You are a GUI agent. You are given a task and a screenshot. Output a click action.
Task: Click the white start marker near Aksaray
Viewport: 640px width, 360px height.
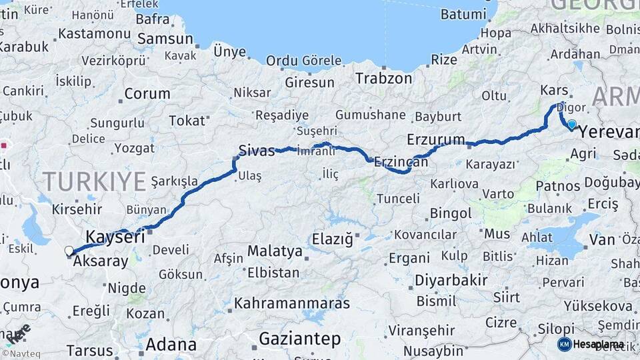(69, 251)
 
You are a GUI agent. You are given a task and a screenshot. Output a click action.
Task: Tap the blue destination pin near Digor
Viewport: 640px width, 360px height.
(571, 123)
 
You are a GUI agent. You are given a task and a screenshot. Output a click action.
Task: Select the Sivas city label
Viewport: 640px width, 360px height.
(257, 151)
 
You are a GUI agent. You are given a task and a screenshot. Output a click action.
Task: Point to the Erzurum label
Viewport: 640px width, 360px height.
(435, 139)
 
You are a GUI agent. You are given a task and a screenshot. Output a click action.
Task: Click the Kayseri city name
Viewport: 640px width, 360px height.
(115, 237)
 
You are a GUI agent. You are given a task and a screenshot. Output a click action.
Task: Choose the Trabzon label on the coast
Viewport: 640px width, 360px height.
(383, 78)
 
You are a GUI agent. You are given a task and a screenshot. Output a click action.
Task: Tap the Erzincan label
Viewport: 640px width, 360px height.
(401, 161)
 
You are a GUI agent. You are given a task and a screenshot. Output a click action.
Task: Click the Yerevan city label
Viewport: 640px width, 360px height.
(608, 132)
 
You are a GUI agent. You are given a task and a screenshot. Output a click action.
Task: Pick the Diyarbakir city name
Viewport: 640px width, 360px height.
(451, 280)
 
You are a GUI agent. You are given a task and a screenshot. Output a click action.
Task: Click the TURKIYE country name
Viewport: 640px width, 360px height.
(94, 181)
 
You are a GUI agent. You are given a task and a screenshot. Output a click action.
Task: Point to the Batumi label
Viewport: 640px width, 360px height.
(464, 14)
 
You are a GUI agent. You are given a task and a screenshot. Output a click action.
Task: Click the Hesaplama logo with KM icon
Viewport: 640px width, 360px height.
(591, 344)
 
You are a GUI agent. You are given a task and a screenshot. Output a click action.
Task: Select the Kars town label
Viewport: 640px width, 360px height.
(553, 90)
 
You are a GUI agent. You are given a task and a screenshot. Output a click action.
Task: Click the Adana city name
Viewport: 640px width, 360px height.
(171, 345)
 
